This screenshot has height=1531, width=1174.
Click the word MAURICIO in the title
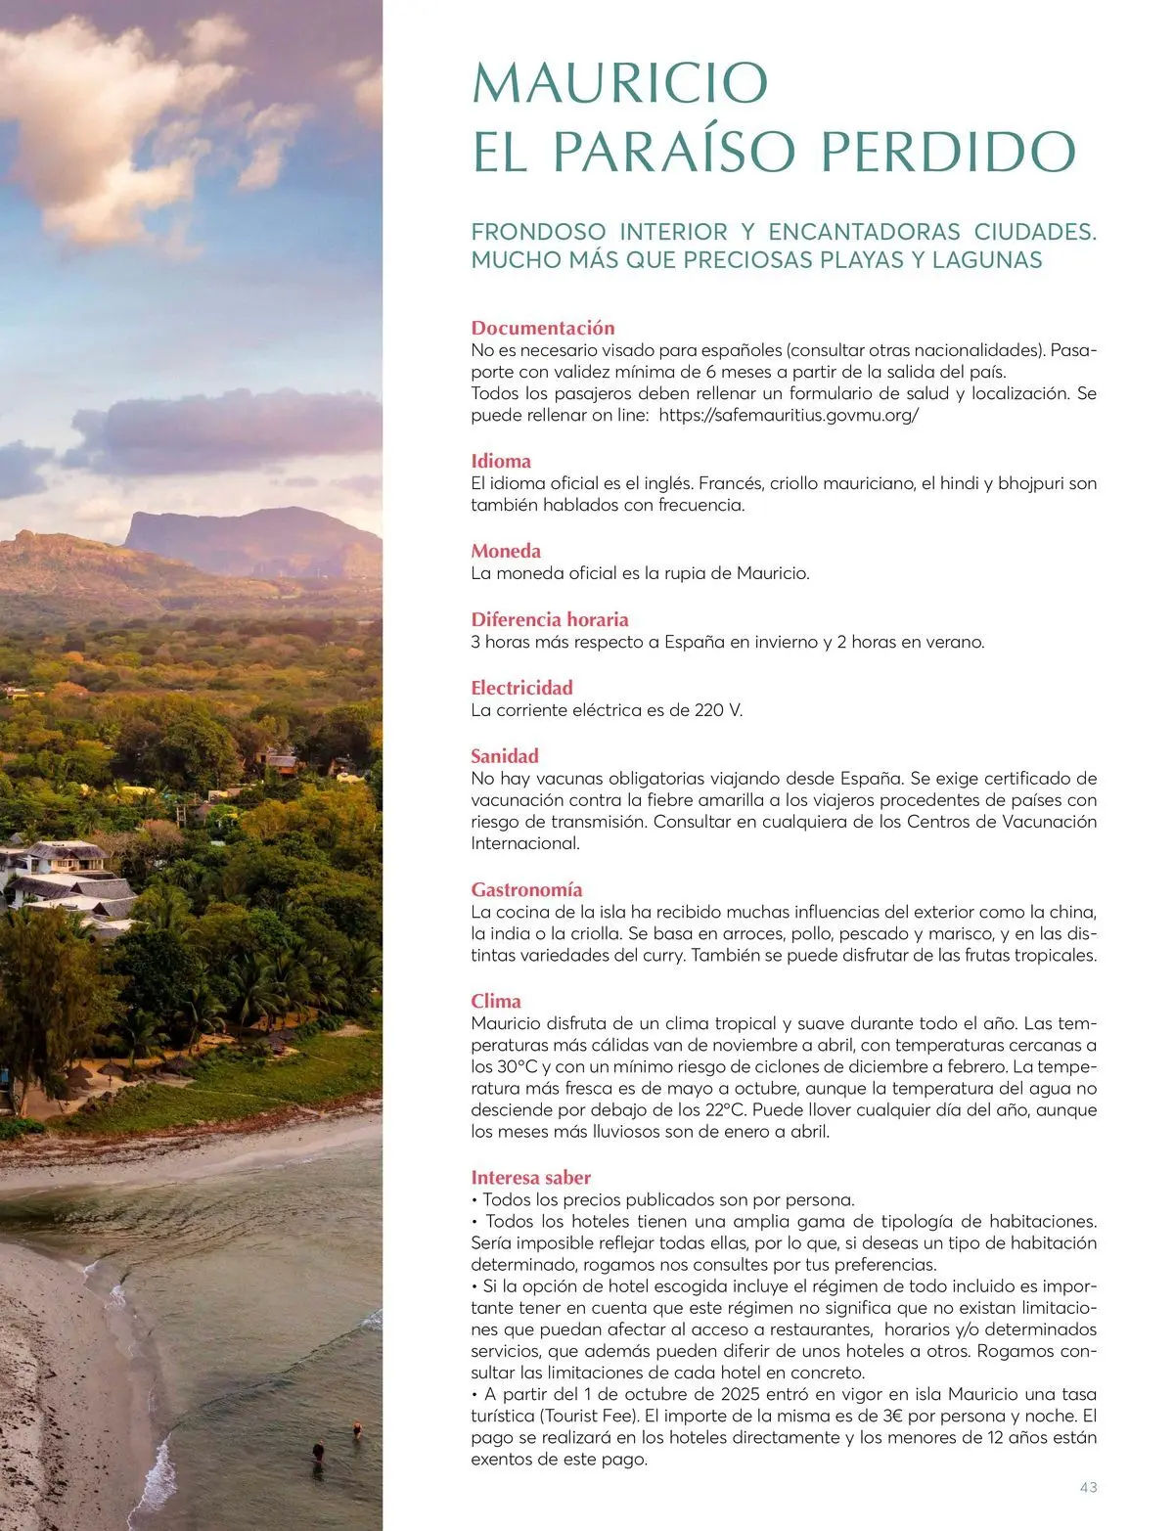pyautogui.click(x=619, y=83)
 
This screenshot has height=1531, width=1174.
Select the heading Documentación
pyautogui.click(x=543, y=328)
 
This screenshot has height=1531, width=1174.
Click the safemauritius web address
pyautogui.click(x=789, y=415)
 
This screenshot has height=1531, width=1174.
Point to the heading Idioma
pyautogui.click(x=501, y=461)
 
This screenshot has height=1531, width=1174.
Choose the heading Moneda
pyautogui.click(x=506, y=551)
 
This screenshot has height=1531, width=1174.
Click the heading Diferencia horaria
pyautogui.click(x=550, y=619)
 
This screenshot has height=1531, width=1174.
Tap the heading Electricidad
pyautogui.click(x=521, y=688)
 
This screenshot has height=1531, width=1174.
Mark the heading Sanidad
pyautogui.click(x=505, y=756)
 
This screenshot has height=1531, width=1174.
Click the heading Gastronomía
pyautogui.click(x=526, y=889)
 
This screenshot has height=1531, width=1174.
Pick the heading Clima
pyautogui.click(x=496, y=1001)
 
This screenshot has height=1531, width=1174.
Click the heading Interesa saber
pyautogui.click(x=531, y=1177)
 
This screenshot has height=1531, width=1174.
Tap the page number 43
pyautogui.click(x=1088, y=1487)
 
